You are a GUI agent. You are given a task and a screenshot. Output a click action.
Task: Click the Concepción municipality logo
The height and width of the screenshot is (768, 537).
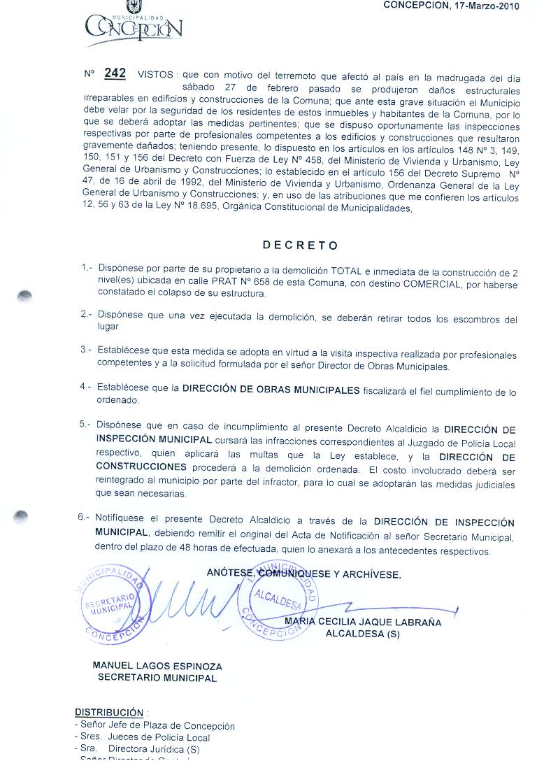point(133,25)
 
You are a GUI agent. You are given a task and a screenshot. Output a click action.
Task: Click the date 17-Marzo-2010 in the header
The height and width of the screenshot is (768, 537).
point(482,6)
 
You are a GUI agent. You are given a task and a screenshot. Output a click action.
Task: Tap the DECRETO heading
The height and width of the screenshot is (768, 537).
point(300,246)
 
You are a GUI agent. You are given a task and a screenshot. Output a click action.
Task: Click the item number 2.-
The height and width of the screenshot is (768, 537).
point(86,315)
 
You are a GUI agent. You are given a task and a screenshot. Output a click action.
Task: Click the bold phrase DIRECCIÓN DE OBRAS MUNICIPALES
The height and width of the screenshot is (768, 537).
point(271,390)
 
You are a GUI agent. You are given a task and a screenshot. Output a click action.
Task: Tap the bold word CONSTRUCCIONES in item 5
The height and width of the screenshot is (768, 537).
point(141,467)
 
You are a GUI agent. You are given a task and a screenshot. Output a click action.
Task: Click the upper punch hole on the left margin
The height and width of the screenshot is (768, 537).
point(24,294)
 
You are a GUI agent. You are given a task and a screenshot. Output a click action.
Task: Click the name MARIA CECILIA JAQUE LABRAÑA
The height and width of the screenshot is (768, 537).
point(363,623)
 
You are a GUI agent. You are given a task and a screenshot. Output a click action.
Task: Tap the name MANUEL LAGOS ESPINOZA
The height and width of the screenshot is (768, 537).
point(157,665)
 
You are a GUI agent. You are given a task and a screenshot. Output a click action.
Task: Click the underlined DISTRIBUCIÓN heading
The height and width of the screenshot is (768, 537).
point(108,712)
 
